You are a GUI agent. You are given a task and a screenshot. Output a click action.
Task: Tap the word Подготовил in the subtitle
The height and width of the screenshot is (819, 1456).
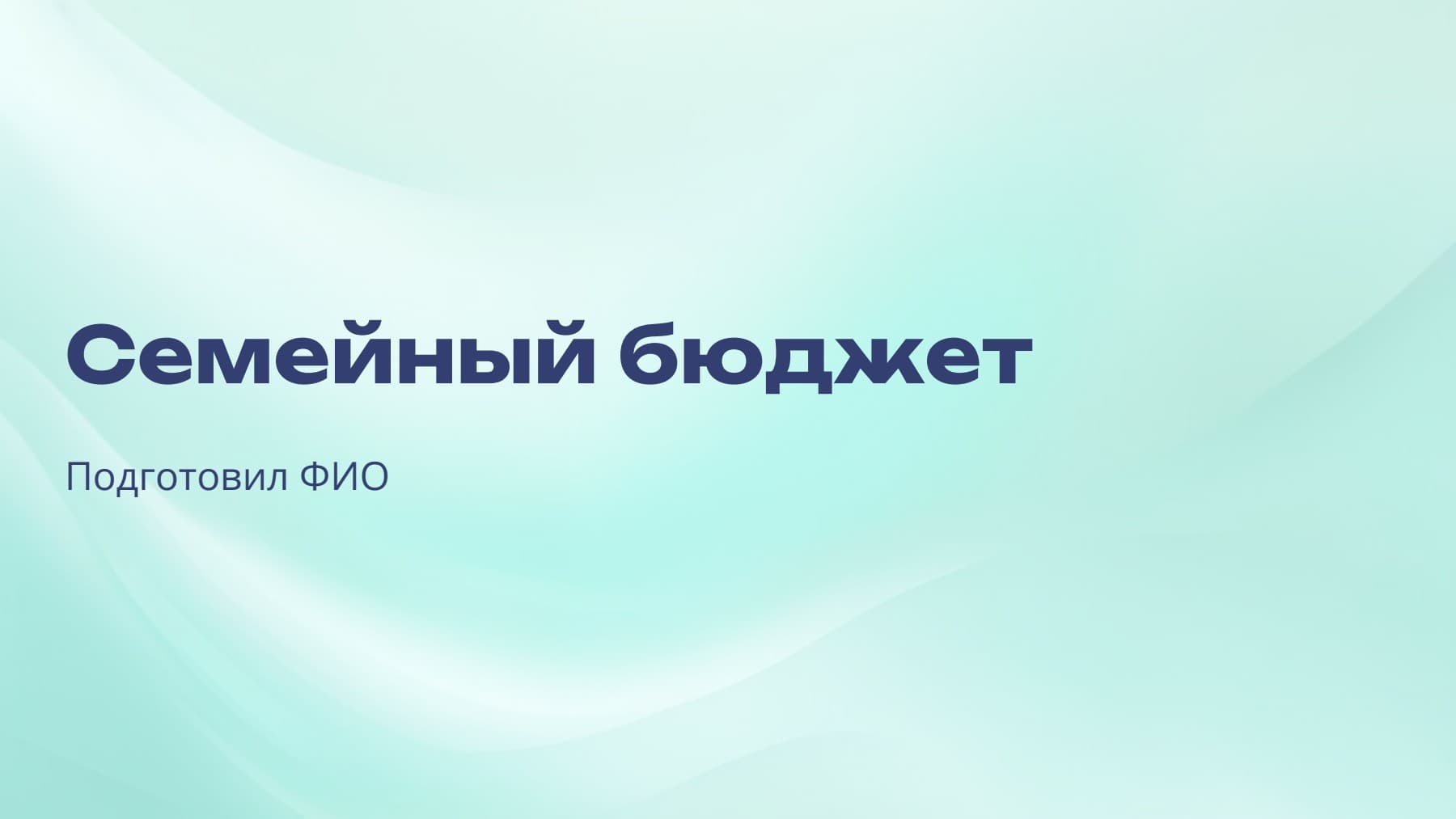(176, 478)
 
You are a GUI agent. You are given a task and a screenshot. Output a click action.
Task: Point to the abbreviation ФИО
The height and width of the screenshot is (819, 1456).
(344, 477)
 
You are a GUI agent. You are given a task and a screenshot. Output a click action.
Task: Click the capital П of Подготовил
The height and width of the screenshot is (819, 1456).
(78, 477)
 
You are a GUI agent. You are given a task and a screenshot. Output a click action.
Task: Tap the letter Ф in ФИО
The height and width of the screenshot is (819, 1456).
(313, 477)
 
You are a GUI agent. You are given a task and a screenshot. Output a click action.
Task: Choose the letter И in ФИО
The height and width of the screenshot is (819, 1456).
(343, 477)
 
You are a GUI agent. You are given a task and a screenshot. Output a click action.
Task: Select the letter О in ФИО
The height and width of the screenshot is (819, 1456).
(374, 477)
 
